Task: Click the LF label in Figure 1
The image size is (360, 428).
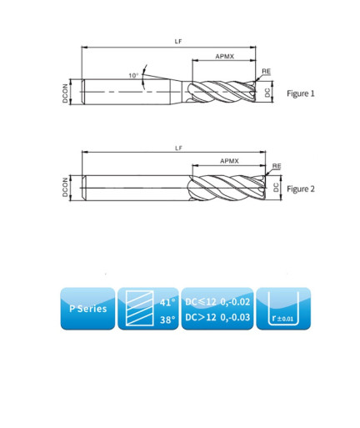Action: (x=178, y=41)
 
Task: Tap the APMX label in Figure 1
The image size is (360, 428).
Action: (x=225, y=57)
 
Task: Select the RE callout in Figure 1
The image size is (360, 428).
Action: (x=266, y=71)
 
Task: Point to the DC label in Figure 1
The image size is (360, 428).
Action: (x=267, y=93)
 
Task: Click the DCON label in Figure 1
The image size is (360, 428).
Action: (x=65, y=93)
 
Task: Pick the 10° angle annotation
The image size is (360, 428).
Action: (x=133, y=75)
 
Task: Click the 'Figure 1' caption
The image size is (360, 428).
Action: (x=301, y=93)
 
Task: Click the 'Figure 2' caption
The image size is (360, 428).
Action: (x=301, y=189)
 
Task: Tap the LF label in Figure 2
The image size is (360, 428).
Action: (x=178, y=148)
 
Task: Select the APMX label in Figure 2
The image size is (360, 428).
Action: (x=229, y=161)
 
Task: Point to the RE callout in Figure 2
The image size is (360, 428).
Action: (x=277, y=166)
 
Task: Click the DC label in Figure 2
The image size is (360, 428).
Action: (x=276, y=188)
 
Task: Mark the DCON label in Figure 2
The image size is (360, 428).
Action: (x=65, y=188)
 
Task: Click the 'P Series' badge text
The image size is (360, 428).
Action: (x=88, y=309)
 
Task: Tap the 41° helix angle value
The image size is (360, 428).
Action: (x=167, y=302)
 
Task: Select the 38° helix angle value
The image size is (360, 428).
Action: (x=167, y=320)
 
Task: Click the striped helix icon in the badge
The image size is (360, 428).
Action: (x=139, y=308)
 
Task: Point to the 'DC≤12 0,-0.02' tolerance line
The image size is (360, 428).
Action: (x=217, y=302)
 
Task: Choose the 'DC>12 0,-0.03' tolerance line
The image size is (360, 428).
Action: (x=217, y=317)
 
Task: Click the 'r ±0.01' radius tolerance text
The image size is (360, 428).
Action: (x=282, y=318)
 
